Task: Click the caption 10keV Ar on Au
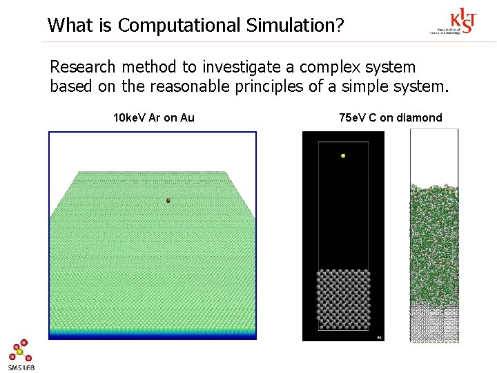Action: pyautogui.click(x=154, y=117)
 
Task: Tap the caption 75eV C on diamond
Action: pyautogui.click(x=391, y=117)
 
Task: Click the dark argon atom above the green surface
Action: pyautogui.click(x=168, y=200)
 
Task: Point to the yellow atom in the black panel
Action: pyautogui.click(x=342, y=156)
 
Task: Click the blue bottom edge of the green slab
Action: pyautogui.click(x=153, y=335)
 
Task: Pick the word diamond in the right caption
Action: pyautogui.click(x=420, y=117)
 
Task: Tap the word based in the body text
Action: pyautogui.click(x=69, y=87)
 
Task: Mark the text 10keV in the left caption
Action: pyautogui.click(x=128, y=117)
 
